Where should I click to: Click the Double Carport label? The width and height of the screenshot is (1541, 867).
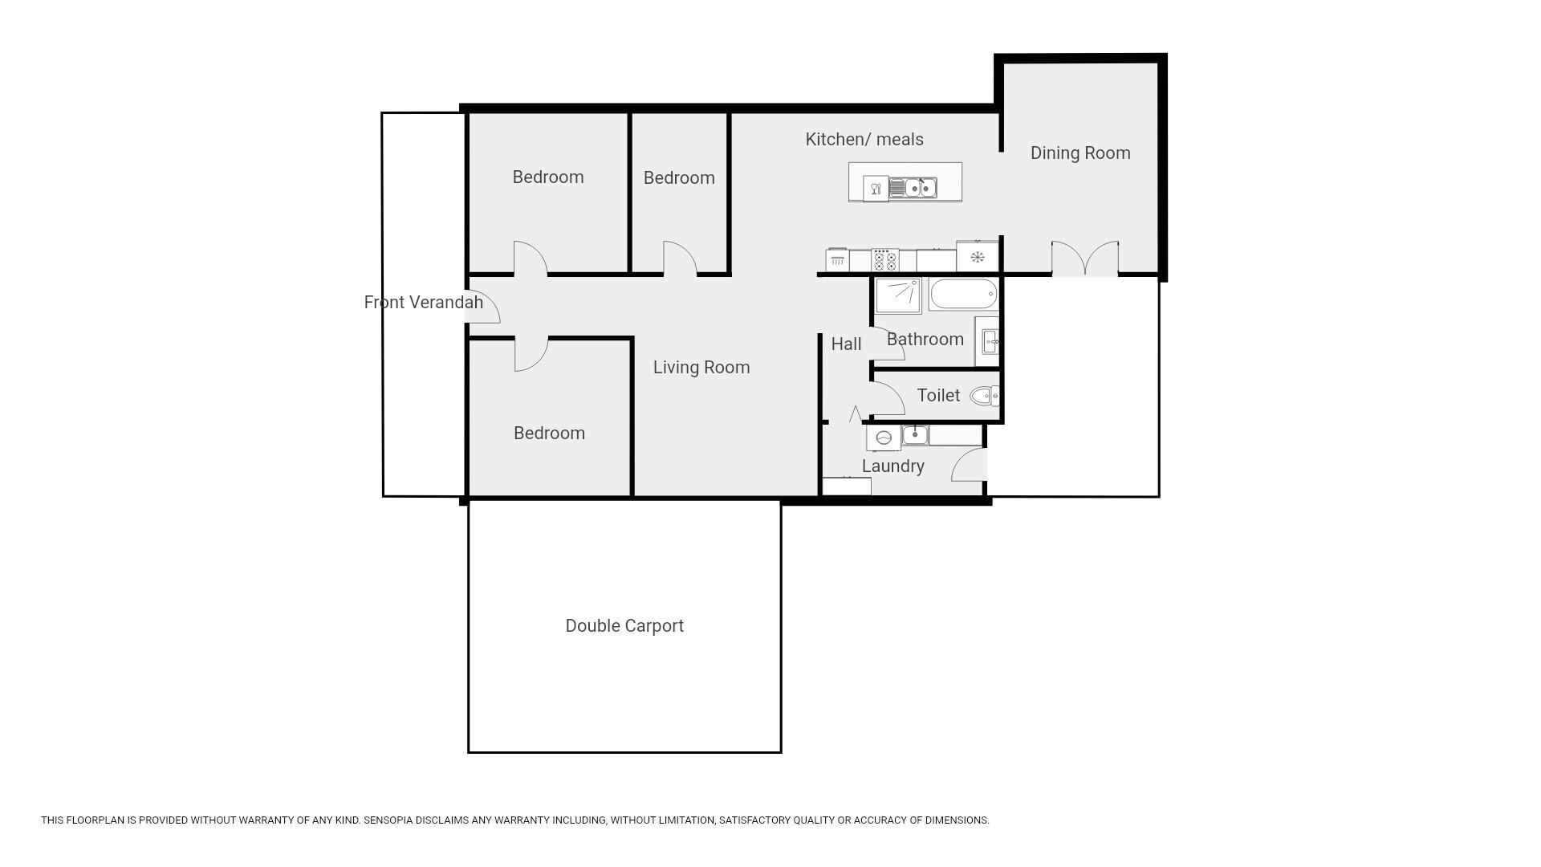coord(624,626)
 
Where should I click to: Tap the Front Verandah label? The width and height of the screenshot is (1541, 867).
coord(423,303)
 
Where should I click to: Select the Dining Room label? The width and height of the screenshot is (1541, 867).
coord(1080,153)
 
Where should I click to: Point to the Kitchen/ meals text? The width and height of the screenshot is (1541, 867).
coord(864,140)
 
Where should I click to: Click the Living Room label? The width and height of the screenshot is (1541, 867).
coord(701,368)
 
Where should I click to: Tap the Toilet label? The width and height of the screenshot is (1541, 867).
coord(938,396)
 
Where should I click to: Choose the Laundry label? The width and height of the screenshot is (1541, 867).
coord(893,466)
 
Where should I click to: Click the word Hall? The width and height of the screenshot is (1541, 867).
coord(846,344)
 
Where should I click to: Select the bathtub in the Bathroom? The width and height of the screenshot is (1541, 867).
coord(963,294)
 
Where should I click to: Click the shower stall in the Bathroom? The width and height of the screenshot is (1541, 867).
coord(898,295)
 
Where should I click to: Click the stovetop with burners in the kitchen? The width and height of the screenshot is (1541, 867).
coord(884,260)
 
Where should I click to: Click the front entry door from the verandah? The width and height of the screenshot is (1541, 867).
coord(484,307)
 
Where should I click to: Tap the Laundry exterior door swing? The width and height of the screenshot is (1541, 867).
coord(969,465)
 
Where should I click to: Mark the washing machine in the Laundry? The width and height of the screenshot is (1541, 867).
coord(884,438)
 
